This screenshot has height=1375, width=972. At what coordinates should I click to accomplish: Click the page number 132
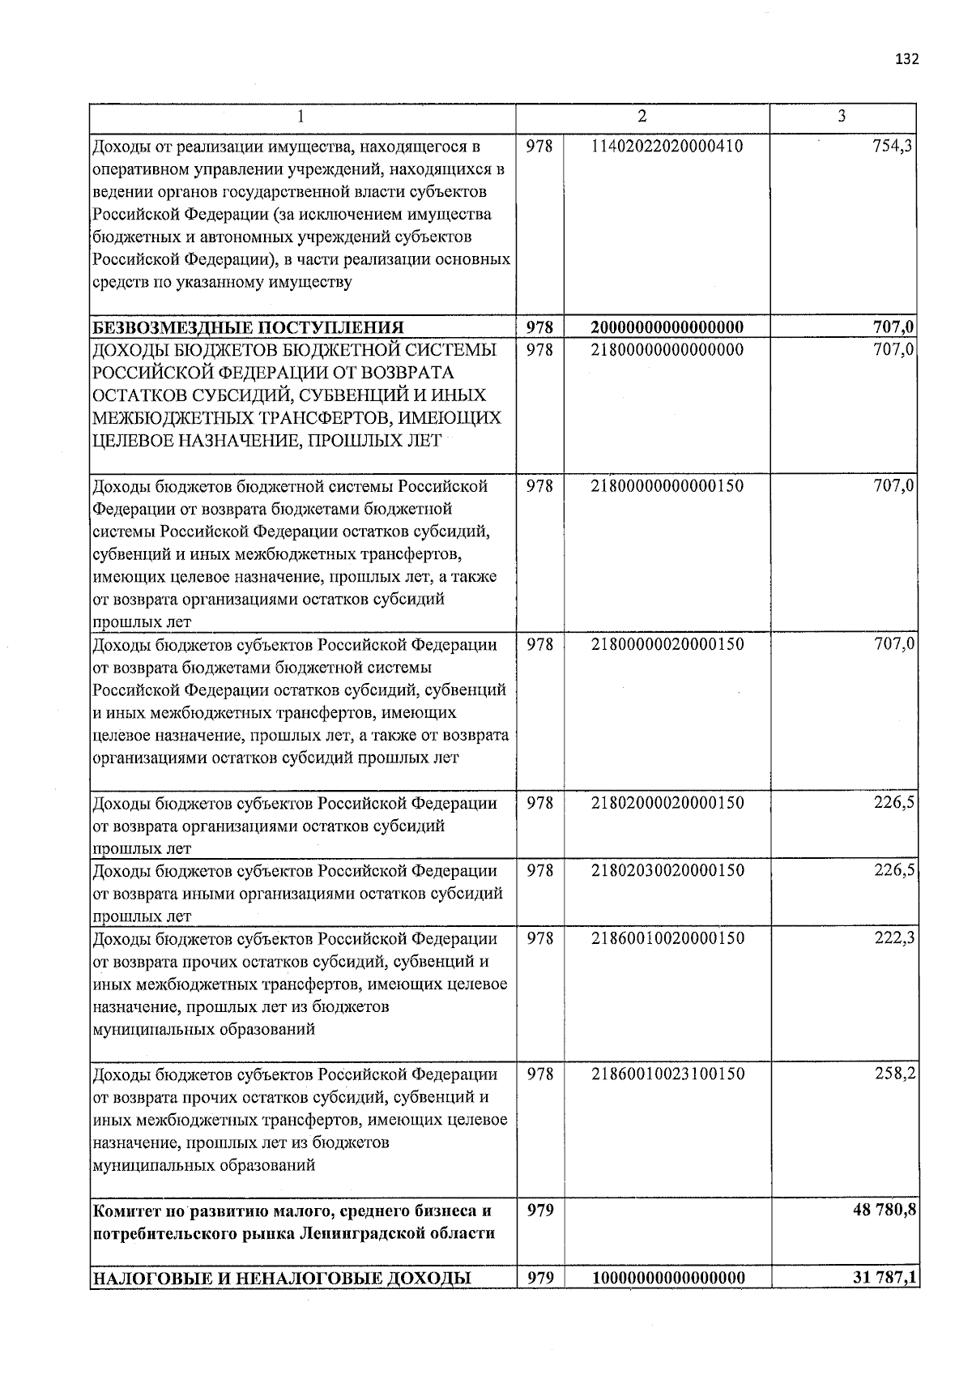click(907, 59)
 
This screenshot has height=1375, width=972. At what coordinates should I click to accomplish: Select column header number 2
click(642, 117)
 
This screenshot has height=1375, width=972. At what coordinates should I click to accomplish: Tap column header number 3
click(842, 117)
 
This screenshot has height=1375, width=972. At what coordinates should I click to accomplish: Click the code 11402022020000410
click(667, 146)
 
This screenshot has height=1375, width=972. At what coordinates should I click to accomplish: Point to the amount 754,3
click(895, 146)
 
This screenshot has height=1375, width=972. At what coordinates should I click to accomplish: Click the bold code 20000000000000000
click(667, 327)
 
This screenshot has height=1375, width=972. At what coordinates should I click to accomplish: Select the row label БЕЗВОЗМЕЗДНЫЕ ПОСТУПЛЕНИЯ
click(249, 327)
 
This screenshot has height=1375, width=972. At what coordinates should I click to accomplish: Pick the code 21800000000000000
click(667, 350)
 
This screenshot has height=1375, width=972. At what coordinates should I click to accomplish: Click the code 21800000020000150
click(667, 644)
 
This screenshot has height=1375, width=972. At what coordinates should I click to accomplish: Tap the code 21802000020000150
click(667, 803)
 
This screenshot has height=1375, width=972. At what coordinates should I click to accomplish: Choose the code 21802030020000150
click(667, 870)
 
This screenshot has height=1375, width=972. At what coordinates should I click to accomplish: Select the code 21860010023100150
click(667, 1074)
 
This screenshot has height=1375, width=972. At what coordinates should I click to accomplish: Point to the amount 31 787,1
click(885, 1278)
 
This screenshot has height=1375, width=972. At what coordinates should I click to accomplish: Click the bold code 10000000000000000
click(667, 1278)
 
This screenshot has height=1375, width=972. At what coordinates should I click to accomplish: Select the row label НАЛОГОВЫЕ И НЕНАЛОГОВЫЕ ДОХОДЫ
click(283, 1279)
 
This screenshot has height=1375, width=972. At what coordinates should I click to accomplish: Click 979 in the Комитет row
click(539, 1210)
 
